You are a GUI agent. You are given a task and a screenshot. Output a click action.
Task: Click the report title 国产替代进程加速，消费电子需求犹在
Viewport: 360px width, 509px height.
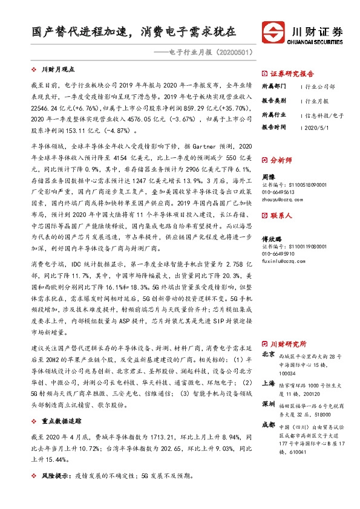(x=134, y=31)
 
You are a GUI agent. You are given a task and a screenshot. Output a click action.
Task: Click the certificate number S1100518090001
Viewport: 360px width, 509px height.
(x=294, y=184)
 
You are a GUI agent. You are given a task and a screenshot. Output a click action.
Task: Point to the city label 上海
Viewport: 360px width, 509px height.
(x=267, y=383)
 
